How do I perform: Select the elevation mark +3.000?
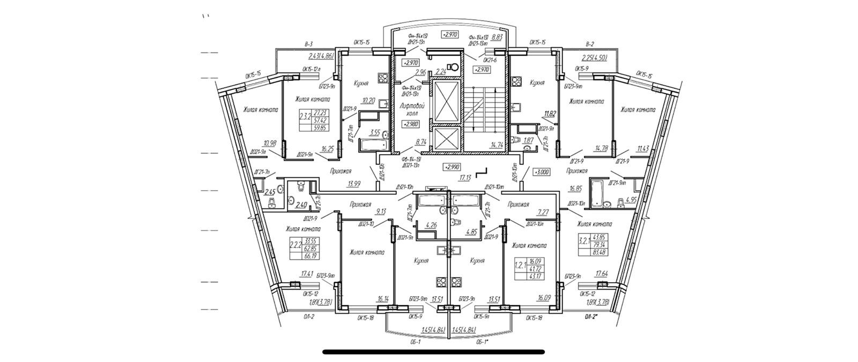tap(542, 172)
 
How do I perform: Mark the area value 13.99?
tap(353, 184)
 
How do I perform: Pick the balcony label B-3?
tap(308, 44)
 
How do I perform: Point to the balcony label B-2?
tap(590, 44)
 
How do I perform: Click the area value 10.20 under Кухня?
tap(368, 100)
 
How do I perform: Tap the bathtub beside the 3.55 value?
tap(373, 145)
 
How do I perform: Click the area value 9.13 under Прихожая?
tap(381, 211)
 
